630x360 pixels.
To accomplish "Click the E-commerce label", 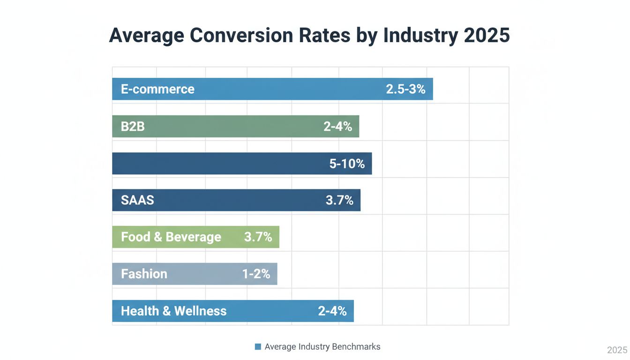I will [157, 89].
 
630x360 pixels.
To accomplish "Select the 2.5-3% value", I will [405, 89].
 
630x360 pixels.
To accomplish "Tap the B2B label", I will [133, 126].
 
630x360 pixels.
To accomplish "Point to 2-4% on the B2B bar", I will [337, 126].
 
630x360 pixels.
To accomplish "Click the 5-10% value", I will [347, 164].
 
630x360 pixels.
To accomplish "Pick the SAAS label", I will [137, 200].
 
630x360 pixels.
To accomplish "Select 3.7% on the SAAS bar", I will [339, 200].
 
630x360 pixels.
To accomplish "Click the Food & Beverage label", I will [171, 237].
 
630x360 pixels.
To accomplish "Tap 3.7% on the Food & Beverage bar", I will [258, 237].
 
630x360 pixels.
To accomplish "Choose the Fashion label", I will [144, 274].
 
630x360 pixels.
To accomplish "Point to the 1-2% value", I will [256, 274].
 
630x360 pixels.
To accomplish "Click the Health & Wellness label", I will [173, 311].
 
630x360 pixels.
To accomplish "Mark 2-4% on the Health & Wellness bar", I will [332, 311].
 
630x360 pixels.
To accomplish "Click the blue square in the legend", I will [258, 347].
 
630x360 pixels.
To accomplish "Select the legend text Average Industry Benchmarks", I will [322, 347].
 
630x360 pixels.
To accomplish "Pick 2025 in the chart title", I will [485, 36].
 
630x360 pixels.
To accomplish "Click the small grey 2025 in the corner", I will [617, 350].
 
